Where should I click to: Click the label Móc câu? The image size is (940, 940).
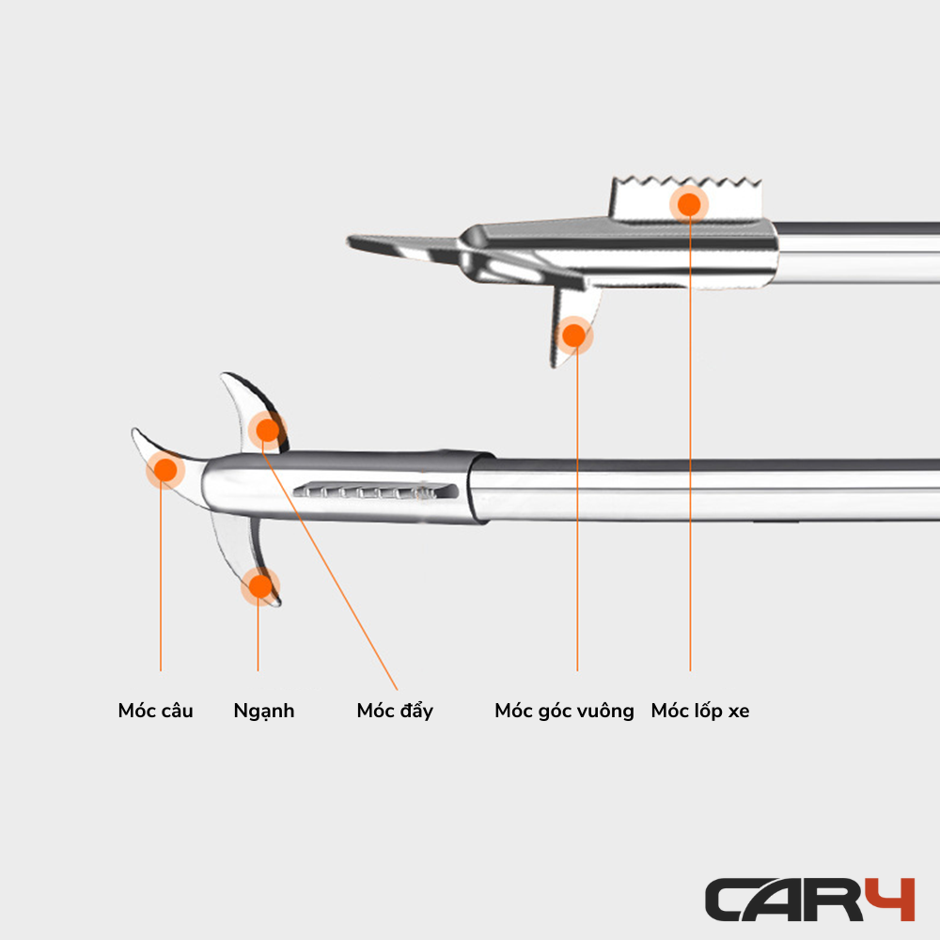155,711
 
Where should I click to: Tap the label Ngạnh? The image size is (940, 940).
264,712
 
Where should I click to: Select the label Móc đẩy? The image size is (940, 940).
395,711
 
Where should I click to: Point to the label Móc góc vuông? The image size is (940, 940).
564,711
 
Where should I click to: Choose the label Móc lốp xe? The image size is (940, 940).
700,711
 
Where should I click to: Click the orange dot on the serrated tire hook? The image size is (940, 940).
689,204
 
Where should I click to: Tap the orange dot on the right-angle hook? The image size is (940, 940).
574,336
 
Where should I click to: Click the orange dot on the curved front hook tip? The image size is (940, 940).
165,470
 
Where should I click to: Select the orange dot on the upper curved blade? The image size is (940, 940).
267,430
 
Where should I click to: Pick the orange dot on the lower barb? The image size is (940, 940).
260,587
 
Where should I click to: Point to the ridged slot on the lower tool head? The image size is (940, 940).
375,491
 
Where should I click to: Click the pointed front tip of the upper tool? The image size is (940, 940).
349,241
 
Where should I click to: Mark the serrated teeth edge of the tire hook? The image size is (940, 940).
686,181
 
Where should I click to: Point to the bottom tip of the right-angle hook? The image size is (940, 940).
554,364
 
